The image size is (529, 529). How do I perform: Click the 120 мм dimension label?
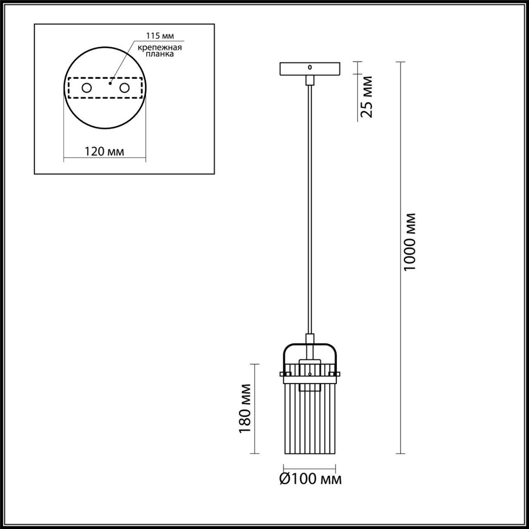coord(104,152)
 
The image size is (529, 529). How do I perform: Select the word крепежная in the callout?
coord(160,47)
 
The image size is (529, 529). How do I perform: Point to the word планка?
coord(160,54)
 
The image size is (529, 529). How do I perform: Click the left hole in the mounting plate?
coord(87,88)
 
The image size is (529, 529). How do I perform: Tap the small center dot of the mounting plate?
coord(110,83)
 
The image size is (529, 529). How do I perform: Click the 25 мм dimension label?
coord(367,97)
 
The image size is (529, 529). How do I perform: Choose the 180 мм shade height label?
coord(245,408)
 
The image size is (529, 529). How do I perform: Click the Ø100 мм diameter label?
coord(310,479)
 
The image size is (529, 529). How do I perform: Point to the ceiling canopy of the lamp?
coord(310,69)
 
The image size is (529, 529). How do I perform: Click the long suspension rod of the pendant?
coord(310,207)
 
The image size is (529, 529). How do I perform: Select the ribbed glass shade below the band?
coord(310,417)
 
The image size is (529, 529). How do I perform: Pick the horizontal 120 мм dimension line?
coord(104,158)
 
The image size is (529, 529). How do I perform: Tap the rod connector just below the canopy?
coord(310,80)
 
